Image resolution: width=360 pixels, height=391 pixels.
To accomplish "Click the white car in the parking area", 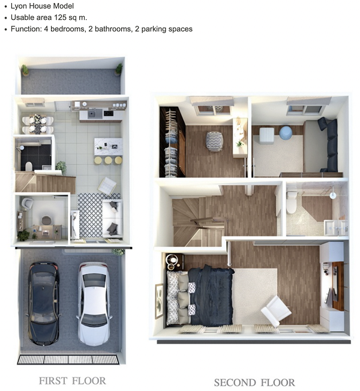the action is click(94, 304).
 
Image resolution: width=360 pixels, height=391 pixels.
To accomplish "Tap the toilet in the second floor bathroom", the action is click(292, 202).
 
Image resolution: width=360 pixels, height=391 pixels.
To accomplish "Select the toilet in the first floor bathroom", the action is click(29, 166).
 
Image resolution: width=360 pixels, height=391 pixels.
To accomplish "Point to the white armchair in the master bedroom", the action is click(276, 311).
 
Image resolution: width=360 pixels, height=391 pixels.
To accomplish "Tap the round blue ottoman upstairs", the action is click(285, 132).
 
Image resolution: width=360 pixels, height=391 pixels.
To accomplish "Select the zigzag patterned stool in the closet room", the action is click(214, 141).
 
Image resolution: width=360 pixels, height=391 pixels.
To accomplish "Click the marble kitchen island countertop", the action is click(109, 147).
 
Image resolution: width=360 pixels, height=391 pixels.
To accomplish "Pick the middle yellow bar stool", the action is click(108, 160).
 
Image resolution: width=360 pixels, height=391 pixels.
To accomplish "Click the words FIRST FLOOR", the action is click(73, 381).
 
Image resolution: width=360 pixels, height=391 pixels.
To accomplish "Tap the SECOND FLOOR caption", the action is click(254, 382).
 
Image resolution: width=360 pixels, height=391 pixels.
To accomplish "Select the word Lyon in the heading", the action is click(19, 6).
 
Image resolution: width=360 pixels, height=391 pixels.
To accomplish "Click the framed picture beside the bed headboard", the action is click(159, 301).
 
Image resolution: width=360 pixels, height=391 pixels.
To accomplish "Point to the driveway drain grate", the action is click(68, 359).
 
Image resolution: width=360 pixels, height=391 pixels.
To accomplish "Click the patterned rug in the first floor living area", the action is click(91, 215).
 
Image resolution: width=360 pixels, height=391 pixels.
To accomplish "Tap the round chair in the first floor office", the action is click(46, 220).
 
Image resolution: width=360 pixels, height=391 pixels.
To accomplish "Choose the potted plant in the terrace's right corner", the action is click(119, 70).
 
